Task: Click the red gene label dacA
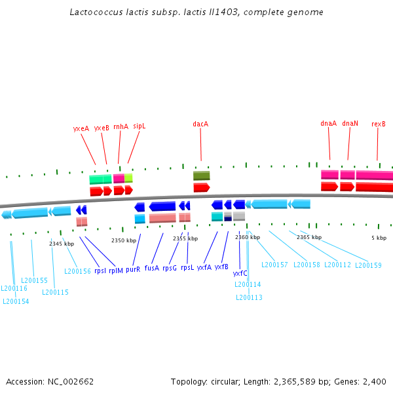[x=200, y=123]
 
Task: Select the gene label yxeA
[x=81, y=128]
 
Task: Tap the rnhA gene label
[x=121, y=126]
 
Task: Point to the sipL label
[x=139, y=125]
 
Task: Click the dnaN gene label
[x=350, y=123]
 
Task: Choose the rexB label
[x=378, y=124]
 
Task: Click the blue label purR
[x=133, y=269]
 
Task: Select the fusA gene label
[x=152, y=267]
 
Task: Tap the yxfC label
[x=240, y=273]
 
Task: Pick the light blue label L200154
[x=16, y=301]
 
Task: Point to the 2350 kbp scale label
[x=124, y=240]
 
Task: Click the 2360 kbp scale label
[x=248, y=237]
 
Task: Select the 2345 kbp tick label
[x=62, y=244]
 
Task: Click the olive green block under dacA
[x=202, y=176]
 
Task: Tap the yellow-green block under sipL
[x=128, y=178]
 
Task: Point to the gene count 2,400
[x=373, y=381]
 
